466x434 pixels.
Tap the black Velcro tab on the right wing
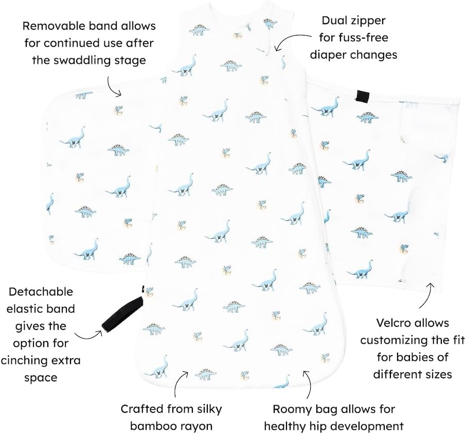click(x=363, y=95)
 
